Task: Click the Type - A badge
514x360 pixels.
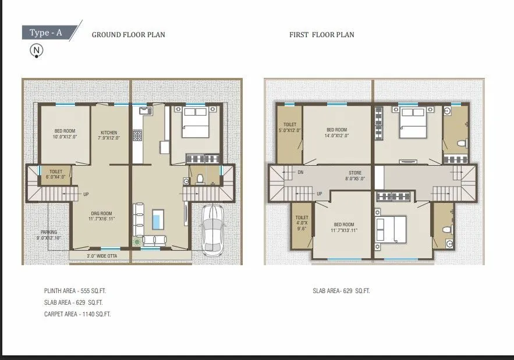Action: pos(46,33)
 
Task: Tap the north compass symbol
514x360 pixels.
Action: pos(37,51)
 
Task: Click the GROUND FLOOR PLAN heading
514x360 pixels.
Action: pos(128,35)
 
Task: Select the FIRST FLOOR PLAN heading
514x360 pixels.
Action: pos(321,35)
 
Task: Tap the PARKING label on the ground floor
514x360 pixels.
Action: pos(49,235)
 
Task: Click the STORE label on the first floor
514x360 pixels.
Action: pos(355,176)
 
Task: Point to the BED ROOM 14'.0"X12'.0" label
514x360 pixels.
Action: pos(336,133)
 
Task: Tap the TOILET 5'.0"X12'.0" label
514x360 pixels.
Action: pos(289,127)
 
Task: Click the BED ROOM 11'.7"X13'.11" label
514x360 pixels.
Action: pos(344,227)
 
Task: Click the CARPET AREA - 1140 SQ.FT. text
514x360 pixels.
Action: pos(77,314)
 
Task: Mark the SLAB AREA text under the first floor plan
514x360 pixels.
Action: pos(341,290)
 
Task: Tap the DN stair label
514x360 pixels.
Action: pos(300,173)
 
